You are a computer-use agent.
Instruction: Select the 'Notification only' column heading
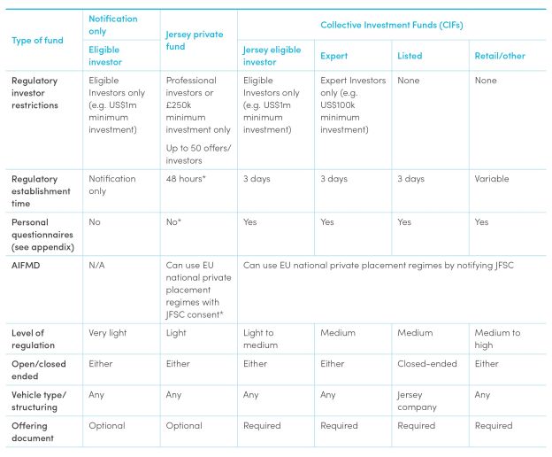(112, 25)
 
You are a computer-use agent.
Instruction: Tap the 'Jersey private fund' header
(195, 41)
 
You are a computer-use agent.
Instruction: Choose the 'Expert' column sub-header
(335, 56)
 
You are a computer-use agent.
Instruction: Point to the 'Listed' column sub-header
(410, 56)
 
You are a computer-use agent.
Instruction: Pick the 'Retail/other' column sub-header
(500, 56)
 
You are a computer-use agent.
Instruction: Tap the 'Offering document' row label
(33, 431)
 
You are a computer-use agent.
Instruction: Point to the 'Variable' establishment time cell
(492, 179)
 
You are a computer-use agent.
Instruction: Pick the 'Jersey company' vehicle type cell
(417, 401)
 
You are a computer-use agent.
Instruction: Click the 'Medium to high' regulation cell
(497, 339)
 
